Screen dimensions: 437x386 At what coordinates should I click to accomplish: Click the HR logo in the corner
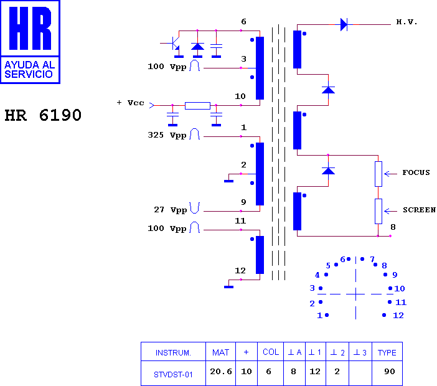[30, 42]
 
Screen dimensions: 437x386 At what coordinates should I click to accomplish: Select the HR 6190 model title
[43, 115]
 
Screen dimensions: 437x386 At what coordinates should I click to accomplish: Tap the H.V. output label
[406, 22]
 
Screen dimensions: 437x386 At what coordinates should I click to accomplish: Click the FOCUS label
[416, 173]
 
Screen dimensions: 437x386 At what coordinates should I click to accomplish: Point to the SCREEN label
[419, 210]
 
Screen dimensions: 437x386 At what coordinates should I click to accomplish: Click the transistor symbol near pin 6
[174, 44]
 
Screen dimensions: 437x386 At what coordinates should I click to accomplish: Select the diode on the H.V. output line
[344, 24]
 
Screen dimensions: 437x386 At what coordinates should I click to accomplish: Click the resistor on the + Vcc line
[197, 106]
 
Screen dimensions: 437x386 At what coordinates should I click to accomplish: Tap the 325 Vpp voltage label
[167, 135]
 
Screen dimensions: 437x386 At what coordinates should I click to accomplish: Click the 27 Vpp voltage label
[171, 210]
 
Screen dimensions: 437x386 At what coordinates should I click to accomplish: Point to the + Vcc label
[131, 103]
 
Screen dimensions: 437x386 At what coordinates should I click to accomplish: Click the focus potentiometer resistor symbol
[378, 174]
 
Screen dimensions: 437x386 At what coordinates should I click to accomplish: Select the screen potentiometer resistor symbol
[378, 211]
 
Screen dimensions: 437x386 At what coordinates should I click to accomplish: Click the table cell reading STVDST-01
[173, 375]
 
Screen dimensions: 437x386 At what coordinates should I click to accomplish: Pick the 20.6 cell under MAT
[221, 372]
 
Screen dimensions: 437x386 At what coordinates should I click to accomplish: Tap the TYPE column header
[387, 353]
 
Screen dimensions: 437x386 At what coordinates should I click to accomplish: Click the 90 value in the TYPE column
[389, 372]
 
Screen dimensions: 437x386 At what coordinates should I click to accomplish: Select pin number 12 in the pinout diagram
[398, 316]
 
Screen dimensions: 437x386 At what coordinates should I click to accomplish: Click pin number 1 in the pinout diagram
[319, 316]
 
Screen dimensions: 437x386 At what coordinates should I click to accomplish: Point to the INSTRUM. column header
[173, 353]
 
